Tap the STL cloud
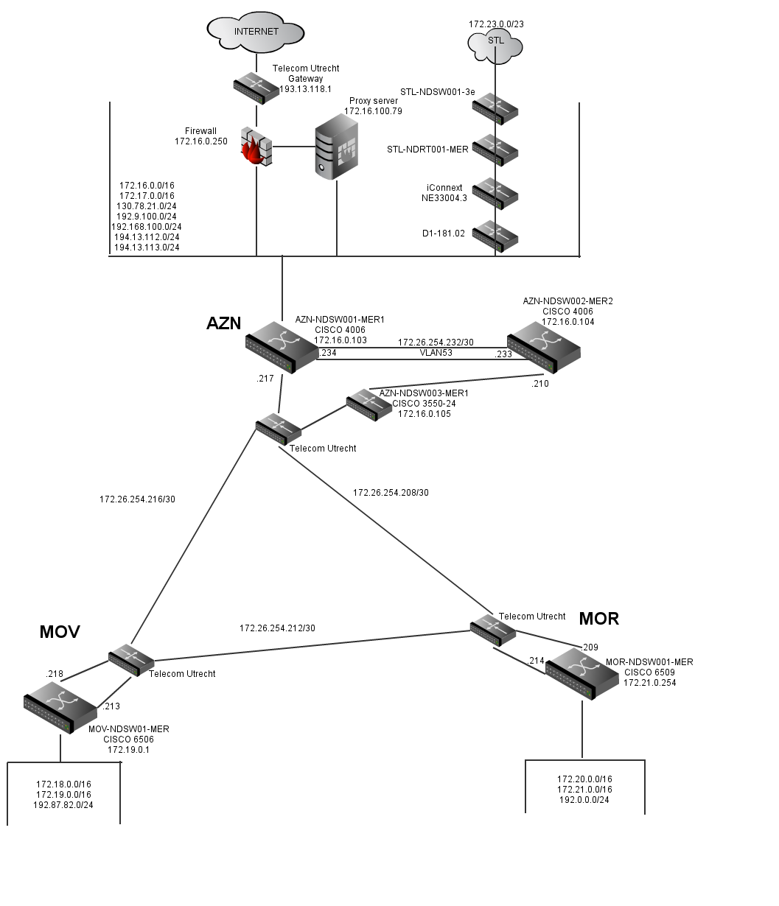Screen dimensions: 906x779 496,43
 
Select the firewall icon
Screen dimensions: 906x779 256,150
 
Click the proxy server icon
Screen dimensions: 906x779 336,150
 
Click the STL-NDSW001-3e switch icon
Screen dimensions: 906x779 495,108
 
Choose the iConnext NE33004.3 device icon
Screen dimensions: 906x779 495,193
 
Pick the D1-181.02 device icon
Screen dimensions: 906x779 495,236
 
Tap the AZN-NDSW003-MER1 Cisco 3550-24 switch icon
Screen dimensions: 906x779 368,404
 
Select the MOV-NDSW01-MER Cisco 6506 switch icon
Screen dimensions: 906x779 60,706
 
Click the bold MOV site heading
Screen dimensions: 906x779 60,631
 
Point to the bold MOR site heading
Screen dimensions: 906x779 599,619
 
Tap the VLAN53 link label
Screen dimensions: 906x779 436,353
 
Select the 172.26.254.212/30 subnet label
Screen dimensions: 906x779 277,628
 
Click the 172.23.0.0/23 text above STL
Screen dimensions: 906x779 496,24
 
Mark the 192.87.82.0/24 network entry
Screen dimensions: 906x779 63,805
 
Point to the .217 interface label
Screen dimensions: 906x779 265,379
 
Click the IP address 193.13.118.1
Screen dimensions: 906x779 306,88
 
